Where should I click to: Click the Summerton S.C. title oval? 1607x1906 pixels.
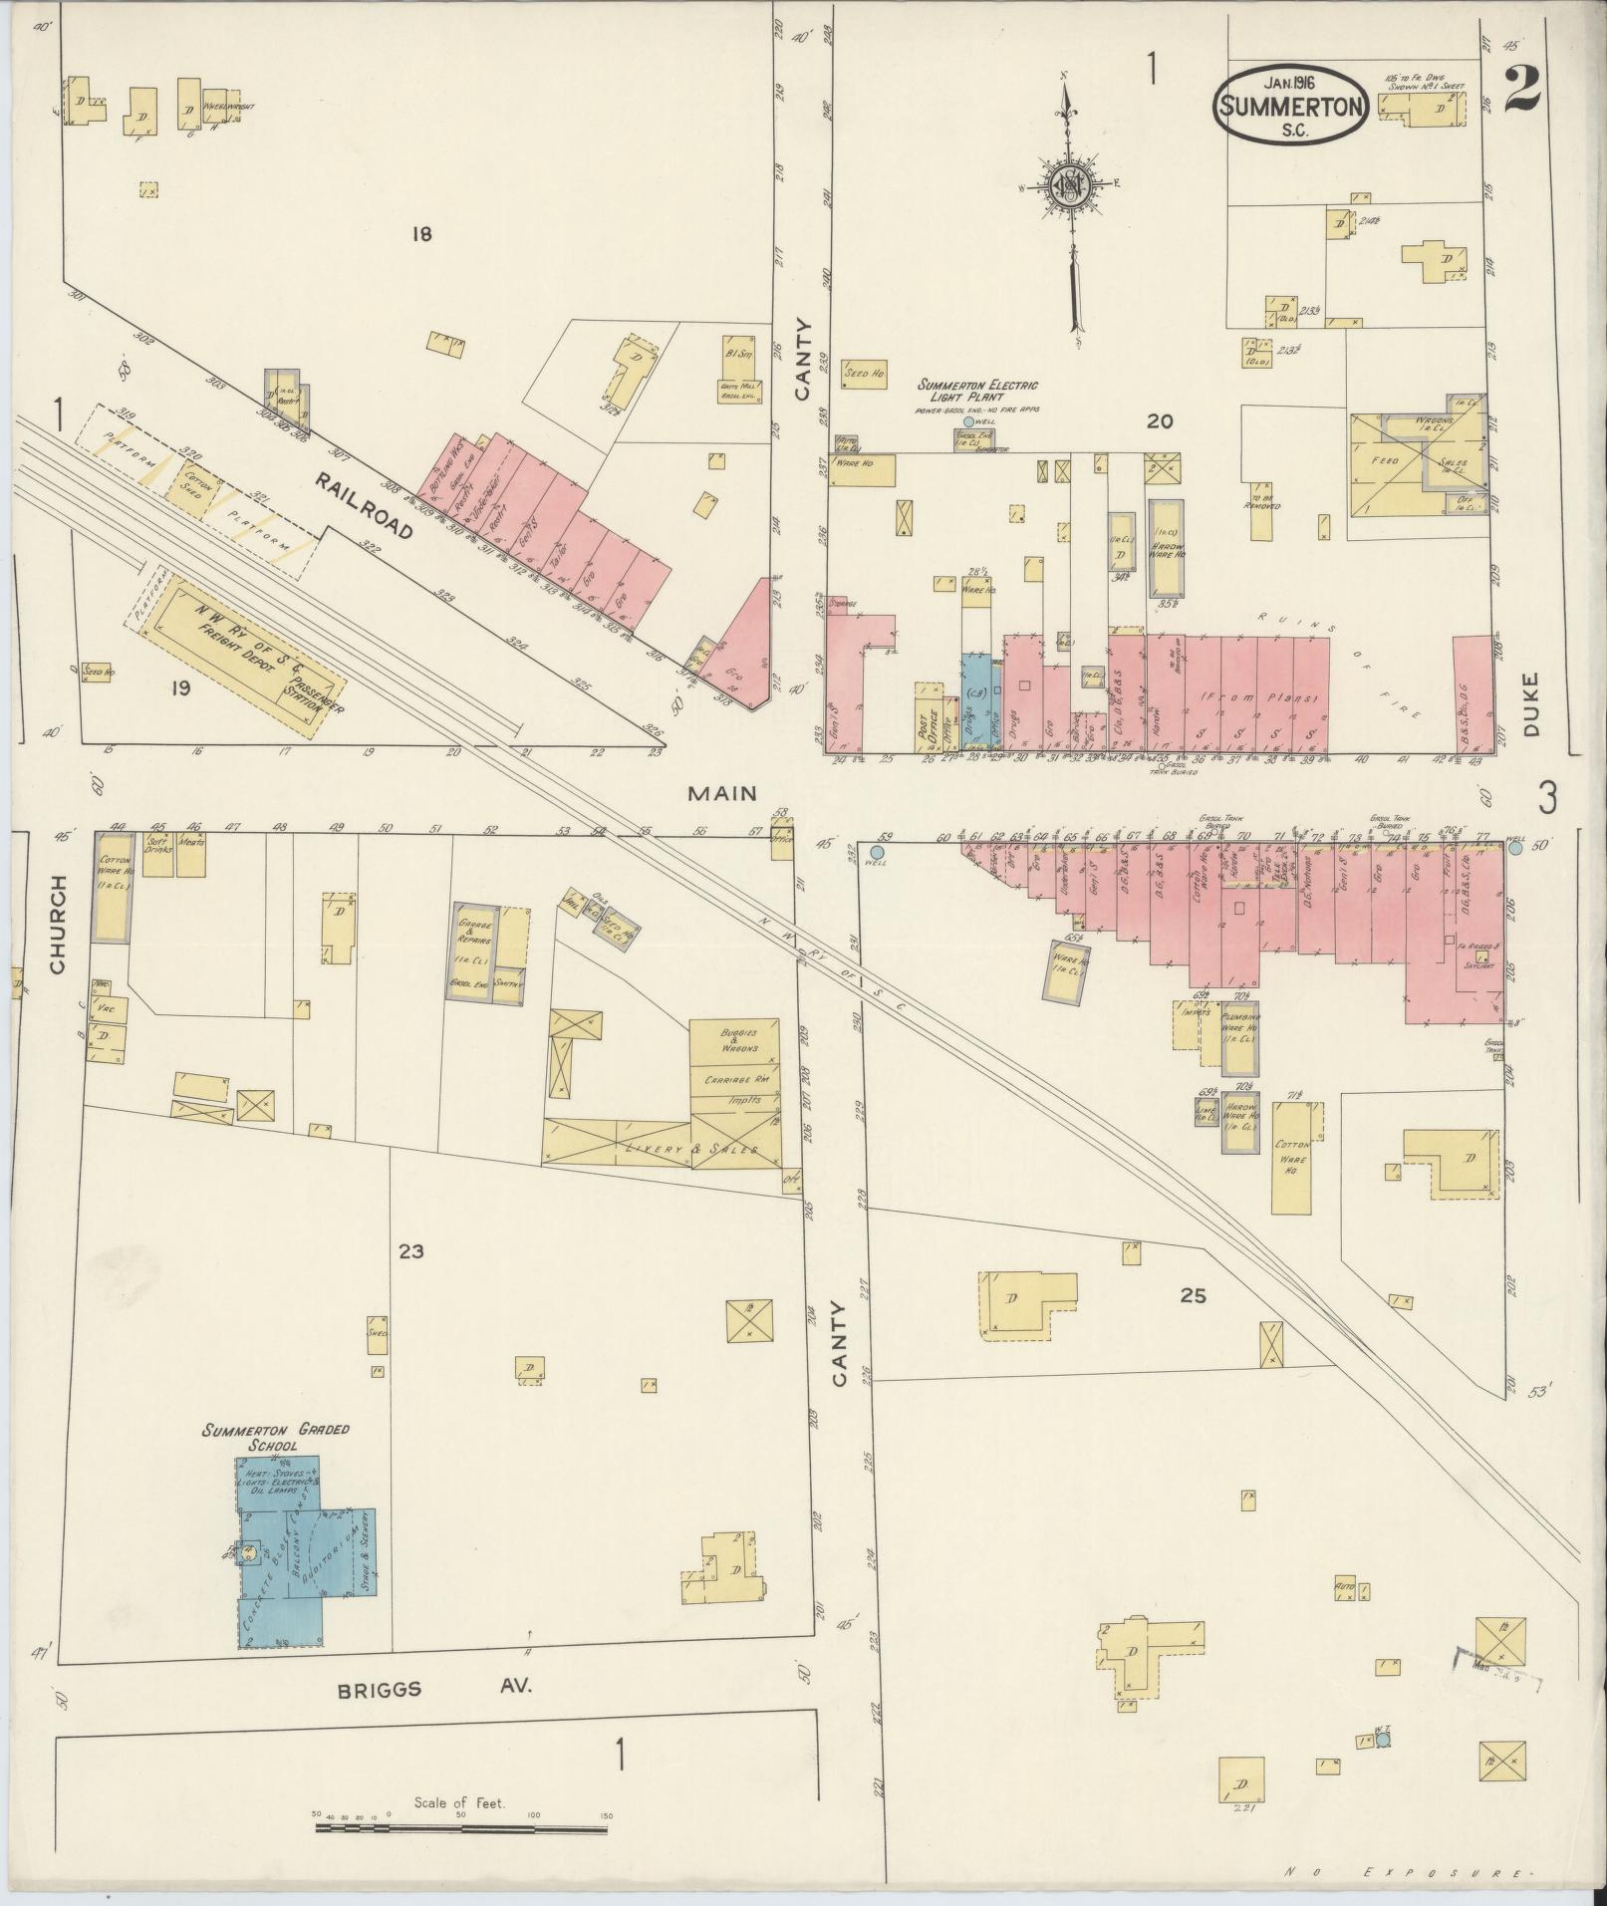1289,106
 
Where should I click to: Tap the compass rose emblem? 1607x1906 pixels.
1066,185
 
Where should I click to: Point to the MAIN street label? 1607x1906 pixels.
722,793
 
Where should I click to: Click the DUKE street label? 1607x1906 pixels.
1530,704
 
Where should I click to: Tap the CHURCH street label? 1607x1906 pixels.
57,924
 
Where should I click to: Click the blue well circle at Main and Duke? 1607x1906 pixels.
1515,847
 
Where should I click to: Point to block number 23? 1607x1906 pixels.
410,1250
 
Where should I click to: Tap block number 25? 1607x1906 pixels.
1193,1295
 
